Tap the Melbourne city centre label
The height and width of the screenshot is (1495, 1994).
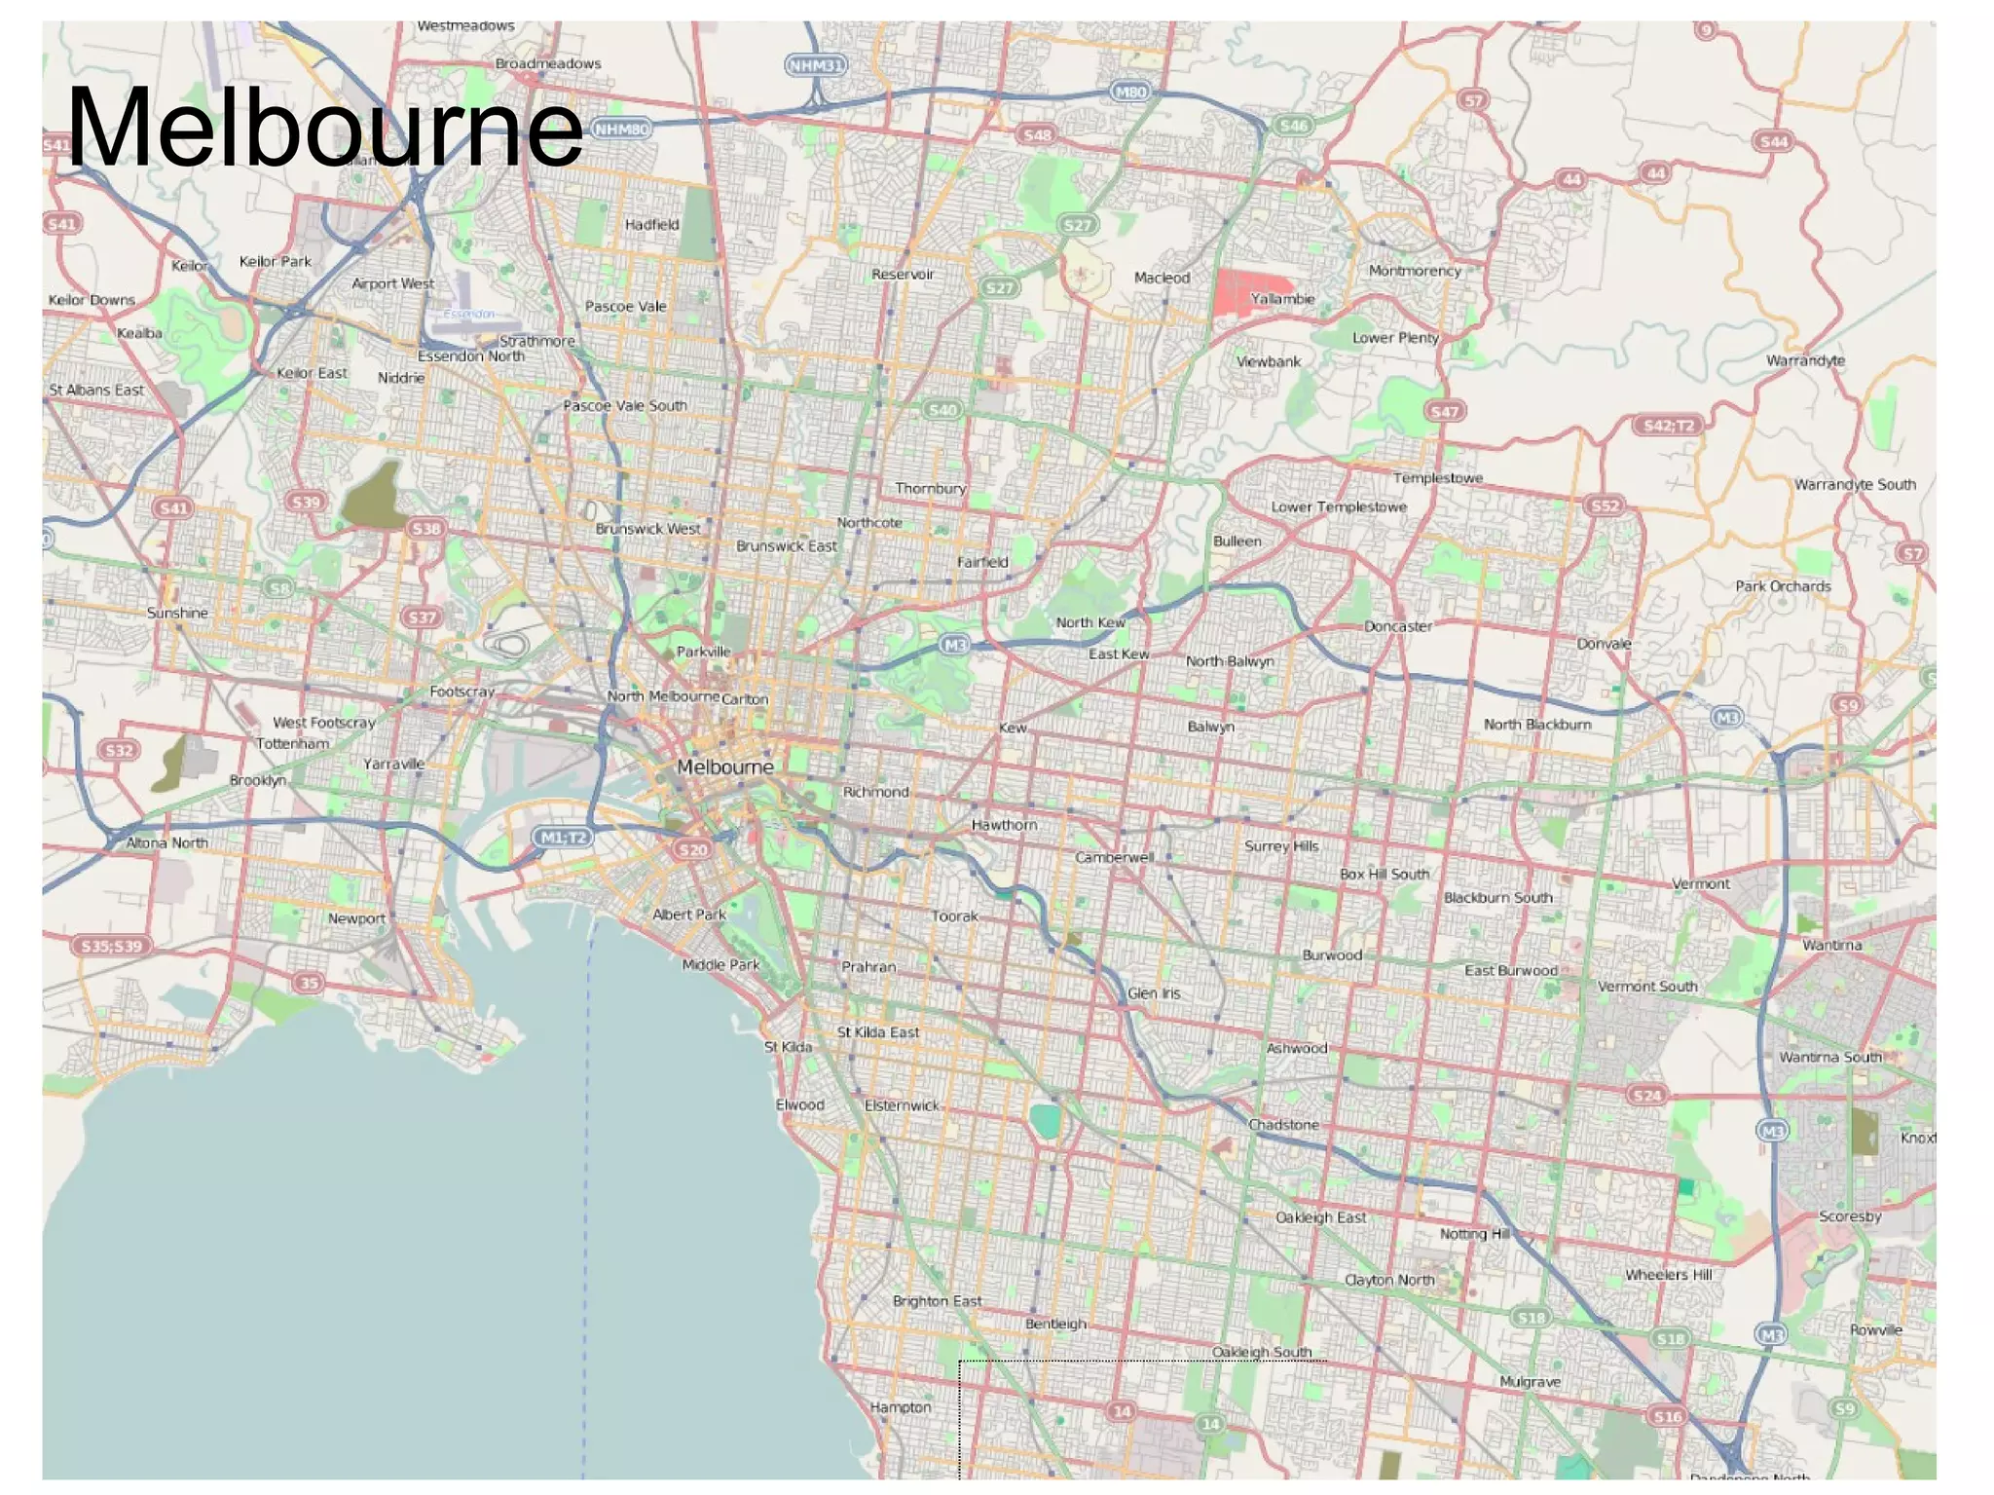724,767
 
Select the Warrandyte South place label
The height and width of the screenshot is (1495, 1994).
1855,484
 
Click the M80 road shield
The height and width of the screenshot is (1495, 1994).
1129,92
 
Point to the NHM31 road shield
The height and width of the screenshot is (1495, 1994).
815,65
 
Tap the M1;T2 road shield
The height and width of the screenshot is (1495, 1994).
564,838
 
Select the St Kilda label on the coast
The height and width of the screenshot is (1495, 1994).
788,1047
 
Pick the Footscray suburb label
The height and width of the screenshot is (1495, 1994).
462,691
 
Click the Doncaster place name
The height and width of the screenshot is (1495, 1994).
1397,626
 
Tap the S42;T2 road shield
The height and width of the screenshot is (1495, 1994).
1668,426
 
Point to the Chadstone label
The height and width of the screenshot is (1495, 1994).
1283,1125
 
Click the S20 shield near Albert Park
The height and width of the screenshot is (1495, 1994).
692,850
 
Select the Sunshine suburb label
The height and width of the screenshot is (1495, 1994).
177,613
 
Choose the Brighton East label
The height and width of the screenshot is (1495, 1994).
937,1301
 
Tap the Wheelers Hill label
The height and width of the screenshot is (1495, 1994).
1668,1275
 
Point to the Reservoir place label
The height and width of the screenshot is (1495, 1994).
903,275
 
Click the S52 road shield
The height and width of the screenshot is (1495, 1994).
1604,505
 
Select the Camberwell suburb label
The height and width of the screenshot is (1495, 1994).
1114,857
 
